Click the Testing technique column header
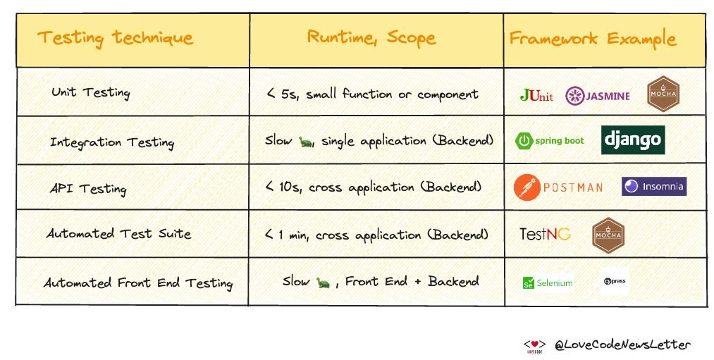(x=115, y=37)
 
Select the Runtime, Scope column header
(x=371, y=37)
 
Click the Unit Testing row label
(x=90, y=93)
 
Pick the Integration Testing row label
(x=111, y=142)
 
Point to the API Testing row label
(x=88, y=188)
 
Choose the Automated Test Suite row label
(x=118, y=234)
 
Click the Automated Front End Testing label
(x=138, y=283)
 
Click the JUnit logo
(x=536, y=95)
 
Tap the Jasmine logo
(x=598, y=96)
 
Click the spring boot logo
(x=550, y=141)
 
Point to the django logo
(x=633, y=140)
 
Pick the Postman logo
(x=559, y=187)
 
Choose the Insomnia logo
(x=653, y=186)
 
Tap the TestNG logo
(x=544, y=234)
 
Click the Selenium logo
(x=547, y=283)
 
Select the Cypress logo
(x=615, y=281)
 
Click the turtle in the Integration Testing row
(x=305, y=141)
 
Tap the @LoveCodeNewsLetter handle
(x=621, y=345)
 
